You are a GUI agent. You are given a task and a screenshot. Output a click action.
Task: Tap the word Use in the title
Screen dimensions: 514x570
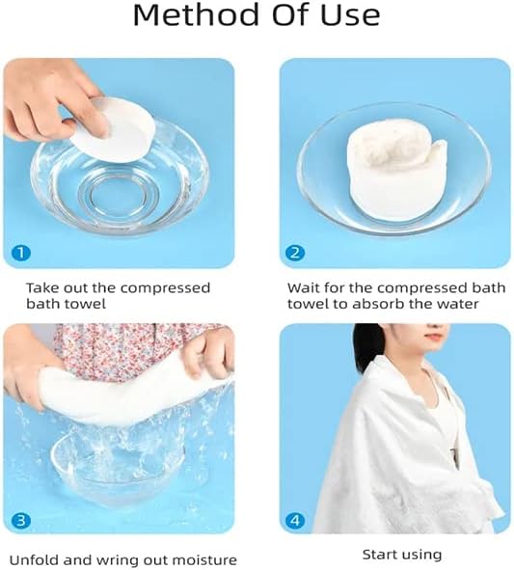[x=350, y=15]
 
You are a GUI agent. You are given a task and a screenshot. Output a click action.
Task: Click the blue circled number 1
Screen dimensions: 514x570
[x=21, y=253]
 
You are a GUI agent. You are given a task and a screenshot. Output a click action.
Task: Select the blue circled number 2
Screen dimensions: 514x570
[x=295, y=253]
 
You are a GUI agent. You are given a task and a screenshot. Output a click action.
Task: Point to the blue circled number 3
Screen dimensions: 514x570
[x=21, y=521]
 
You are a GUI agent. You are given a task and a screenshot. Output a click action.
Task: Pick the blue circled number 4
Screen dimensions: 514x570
[x=295, y=521]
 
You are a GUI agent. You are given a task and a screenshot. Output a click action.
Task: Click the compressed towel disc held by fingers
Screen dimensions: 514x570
[x=116, y=130]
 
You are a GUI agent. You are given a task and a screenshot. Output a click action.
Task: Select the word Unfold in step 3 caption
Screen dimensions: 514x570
[x=33, y=559]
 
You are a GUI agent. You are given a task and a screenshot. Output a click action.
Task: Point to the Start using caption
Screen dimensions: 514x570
[x=402, y=556]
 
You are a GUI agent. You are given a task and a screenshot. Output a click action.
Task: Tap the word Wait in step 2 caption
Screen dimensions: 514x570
[x=304, y=288]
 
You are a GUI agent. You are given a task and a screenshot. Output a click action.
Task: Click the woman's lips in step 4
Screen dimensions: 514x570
[x=433, y=337]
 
